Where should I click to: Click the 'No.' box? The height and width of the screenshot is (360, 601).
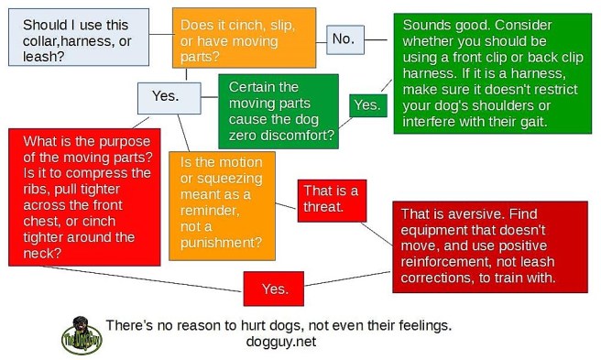(x=343, y=38)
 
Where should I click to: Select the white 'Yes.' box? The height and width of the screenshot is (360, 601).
(x=164, y=95)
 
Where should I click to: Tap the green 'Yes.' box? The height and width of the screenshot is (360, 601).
(x=366, y=104)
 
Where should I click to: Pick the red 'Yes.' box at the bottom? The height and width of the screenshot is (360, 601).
(x=274, y=289)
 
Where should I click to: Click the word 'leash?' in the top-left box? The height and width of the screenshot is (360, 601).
(x=43, y=57)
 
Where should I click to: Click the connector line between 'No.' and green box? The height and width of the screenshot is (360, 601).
(x=379, y=38)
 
